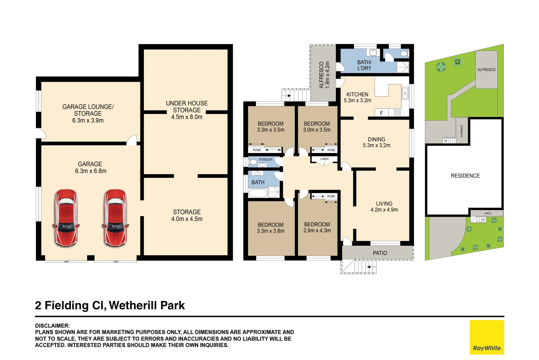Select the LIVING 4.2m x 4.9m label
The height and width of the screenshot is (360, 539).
coord(384,207)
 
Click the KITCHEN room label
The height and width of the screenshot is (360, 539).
coord(357,94)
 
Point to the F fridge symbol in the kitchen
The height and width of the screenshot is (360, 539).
coord(381,113)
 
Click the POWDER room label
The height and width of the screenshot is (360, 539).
coord(266,160)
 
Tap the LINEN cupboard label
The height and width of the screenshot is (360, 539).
coord(324,159)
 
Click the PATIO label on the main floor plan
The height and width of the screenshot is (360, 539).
coord(380,253)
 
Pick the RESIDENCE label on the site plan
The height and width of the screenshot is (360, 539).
coord(465,176)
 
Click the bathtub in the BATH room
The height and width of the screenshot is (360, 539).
coord(258,193)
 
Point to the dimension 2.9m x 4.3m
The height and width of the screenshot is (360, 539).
coord(317,231)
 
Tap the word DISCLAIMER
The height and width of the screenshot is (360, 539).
coord(52,325)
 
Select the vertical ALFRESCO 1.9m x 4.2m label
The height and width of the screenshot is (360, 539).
coord(324,75)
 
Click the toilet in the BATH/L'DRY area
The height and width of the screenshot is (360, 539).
coord(404,53)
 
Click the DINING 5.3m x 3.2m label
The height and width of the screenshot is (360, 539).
coord(376,142)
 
